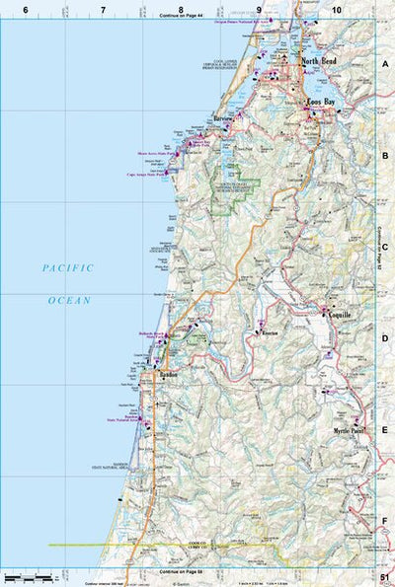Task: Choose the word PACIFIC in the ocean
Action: click(x=67, y=267)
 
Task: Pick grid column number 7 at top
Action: click(x=103, y=9)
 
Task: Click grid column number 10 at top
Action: click(x=337, y=9)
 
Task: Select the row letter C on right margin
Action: click(x=385, y=248)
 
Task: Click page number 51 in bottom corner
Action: click(x=384, y=578)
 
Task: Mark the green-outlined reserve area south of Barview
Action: click(x=236, y=187)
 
